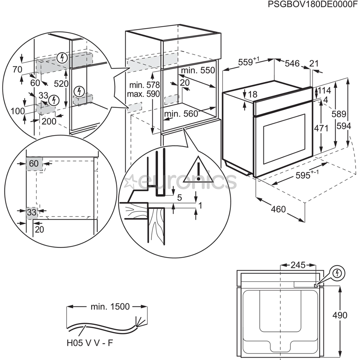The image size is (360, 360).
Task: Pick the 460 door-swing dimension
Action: pyautogui.click(x=278, y=209)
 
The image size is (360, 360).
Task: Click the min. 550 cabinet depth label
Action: pyautogui.click(x=198, y=70)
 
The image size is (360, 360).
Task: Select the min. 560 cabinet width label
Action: pyautogui.click(x=182, y=114)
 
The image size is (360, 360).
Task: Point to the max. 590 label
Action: pyautogui.click(x=143, y=94)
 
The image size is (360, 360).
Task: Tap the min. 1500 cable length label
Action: pyautogui.click(x=110, y=306)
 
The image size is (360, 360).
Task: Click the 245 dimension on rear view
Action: pyautogui.click(x=298, y=265)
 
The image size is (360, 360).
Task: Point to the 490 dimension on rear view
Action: pyautogui.click(x=340, y=315)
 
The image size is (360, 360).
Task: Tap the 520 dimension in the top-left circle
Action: pyautogui.click(x=61, y=84)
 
